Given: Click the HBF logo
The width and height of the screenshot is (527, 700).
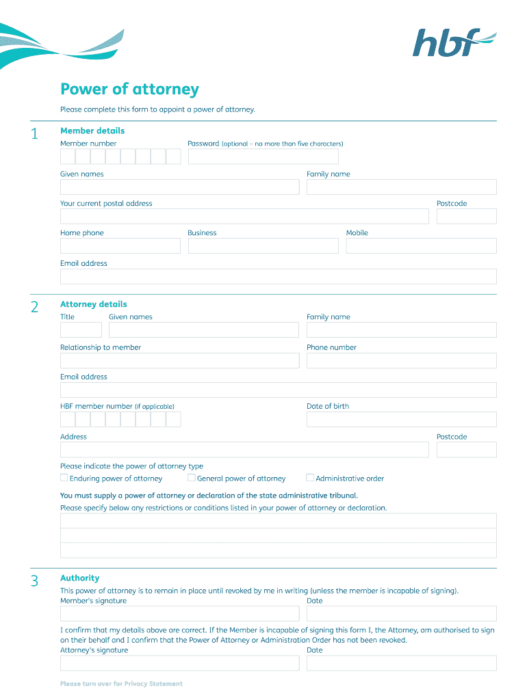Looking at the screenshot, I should click(454, 43).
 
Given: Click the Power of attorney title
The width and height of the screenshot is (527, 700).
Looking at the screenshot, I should click(129, 89).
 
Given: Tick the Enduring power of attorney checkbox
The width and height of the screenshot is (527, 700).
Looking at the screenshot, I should click(64, 478).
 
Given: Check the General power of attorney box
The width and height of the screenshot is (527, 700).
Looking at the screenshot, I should click(192, 478).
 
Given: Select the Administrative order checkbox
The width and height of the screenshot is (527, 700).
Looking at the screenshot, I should click(310, 478).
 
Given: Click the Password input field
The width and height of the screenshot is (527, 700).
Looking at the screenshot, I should click(244, 157).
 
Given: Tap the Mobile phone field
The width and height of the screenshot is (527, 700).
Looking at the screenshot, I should click(421, 245).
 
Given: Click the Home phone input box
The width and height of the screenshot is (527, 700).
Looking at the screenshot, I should click(120, 245).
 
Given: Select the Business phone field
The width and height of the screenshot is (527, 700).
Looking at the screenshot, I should click(263, 245).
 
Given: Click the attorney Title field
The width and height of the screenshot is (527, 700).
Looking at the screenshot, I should click(81, 329).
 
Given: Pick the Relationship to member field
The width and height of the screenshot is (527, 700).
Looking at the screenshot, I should click(179, 360).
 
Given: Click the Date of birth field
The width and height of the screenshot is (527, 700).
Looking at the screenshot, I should click(401, 419).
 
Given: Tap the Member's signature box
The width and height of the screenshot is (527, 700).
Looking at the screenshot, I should click(179, 613).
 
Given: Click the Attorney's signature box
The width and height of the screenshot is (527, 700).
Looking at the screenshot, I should click(179, 662).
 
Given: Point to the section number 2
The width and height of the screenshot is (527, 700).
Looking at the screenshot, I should click(34, 307).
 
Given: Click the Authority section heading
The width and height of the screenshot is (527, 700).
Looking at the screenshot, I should click(79, 578).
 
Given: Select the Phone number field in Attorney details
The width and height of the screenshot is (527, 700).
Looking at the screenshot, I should click(401, 360).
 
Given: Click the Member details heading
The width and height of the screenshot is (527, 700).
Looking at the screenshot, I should click(92, 131).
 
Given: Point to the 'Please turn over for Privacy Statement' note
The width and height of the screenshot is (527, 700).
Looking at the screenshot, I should click(121, 684).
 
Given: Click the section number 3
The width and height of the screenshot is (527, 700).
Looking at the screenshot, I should click(34, 581).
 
